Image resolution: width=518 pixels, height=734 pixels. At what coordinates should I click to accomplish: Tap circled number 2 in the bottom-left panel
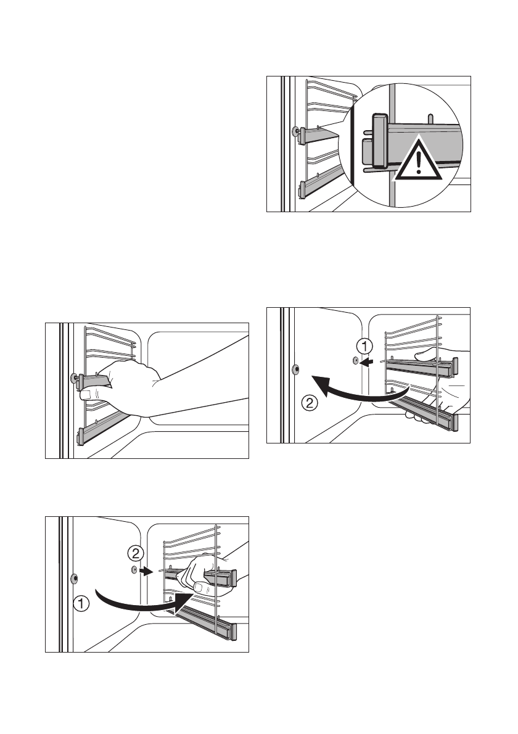[x=134, y=550]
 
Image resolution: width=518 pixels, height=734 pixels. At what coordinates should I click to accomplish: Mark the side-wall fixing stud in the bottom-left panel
[x=74, y=579]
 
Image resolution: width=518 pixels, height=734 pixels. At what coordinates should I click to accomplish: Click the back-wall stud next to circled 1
[x=355, y=361]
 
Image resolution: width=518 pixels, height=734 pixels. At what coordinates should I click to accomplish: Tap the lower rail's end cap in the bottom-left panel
[x=233, y=631]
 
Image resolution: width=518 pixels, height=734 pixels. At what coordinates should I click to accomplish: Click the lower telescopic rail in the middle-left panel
[x=105, y=426]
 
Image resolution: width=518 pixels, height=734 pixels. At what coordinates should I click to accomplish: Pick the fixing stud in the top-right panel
[x=297, y=131]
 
